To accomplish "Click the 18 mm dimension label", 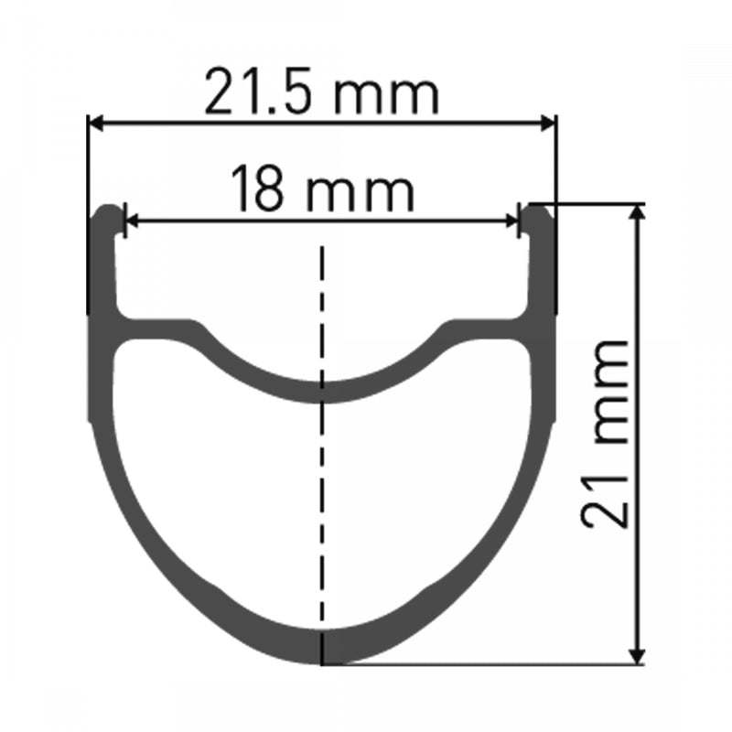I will coord(321,190).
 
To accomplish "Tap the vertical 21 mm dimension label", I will coord(605,435).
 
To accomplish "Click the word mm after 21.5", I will coord(388,94).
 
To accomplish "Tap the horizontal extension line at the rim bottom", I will coord(485,665).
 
